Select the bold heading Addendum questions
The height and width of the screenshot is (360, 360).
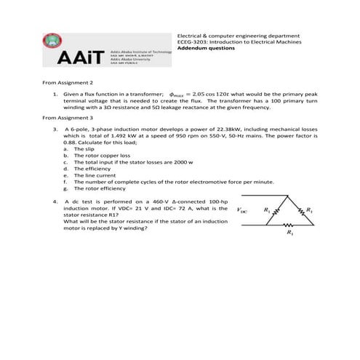coord(207,49)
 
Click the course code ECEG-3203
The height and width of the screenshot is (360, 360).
coord(193,42)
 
